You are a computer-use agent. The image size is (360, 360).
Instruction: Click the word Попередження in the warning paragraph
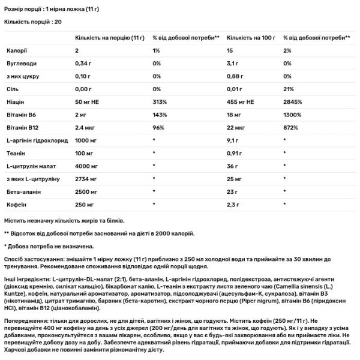point(25,321)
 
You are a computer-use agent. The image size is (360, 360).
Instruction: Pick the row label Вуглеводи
point(19,63)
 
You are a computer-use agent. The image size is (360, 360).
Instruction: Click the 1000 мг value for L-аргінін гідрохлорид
point(87,140)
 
